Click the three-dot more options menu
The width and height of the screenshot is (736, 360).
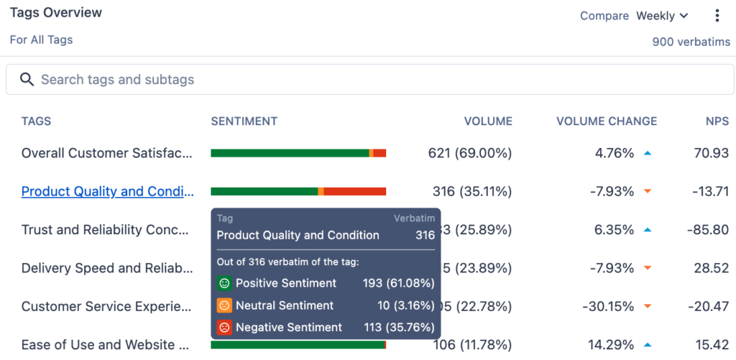(717, 16)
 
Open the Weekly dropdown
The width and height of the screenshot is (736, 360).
(662, 16)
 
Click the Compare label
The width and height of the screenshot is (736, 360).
(604, 16)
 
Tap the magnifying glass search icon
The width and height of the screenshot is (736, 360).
(27, 80)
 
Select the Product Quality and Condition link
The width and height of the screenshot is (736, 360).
(108, 191)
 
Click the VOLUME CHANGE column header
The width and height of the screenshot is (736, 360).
(606, 121)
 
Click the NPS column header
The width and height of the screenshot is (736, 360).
(717, 121)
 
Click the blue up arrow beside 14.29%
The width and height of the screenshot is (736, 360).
(647, 345)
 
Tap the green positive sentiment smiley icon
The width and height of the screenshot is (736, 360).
(224, 283)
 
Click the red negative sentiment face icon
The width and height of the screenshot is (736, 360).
(224, 328)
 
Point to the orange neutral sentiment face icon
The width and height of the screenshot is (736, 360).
(224, 305)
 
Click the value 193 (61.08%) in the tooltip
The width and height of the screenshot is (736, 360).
(398, 283)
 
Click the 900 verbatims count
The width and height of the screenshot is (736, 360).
(691, 42)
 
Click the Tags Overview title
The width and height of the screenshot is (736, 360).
(56, 13)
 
